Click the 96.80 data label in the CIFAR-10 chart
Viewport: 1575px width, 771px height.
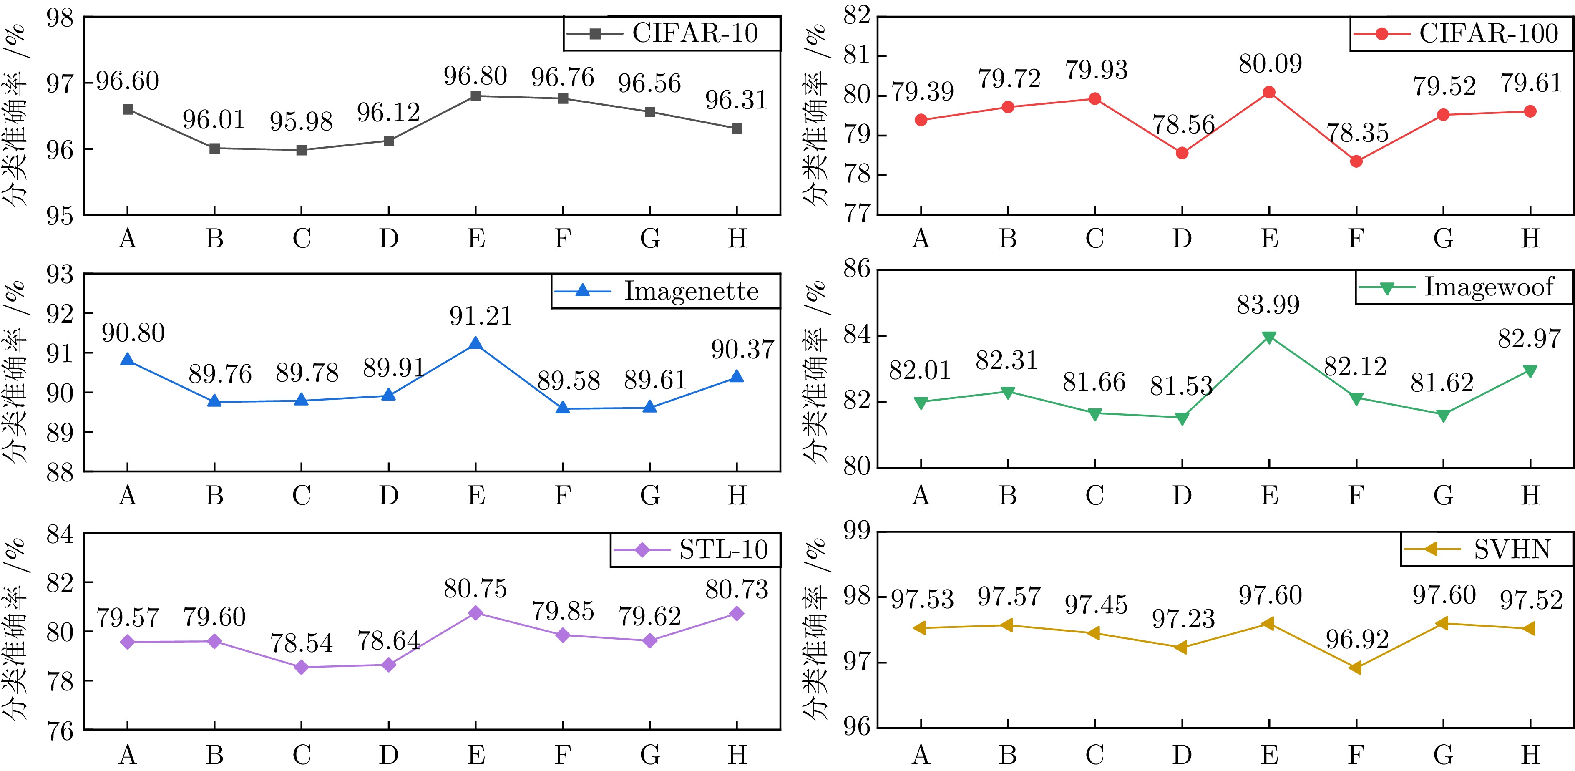coord(475,76)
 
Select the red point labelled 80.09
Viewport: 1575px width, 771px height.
coord(1269,92)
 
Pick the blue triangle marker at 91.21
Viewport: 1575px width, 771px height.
coord(475,344)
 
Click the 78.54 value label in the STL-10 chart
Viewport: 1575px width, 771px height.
coord(302,643)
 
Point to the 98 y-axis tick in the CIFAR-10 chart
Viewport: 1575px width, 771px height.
coord(60,18)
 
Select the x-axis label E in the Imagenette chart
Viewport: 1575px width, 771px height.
coord(476,495)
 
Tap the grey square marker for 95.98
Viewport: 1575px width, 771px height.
coord(302,150)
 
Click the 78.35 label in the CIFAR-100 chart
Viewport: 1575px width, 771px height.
coord(1357,133)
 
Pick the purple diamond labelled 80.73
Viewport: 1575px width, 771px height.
coord(737,613)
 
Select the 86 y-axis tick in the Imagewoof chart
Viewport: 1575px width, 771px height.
coord(857,269)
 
